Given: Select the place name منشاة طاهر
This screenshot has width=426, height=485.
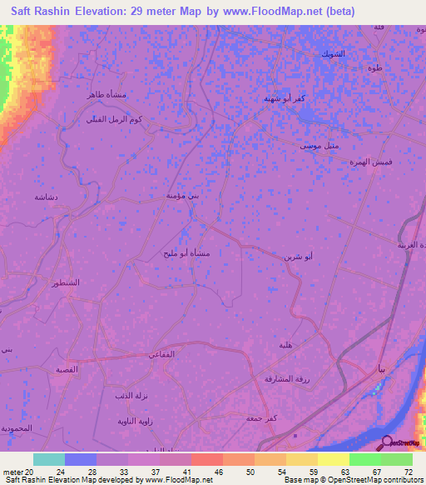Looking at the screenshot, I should coord(106,95).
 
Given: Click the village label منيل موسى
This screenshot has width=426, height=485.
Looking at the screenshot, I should coord(319,145).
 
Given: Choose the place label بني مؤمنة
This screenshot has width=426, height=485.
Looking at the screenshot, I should coord(183,195).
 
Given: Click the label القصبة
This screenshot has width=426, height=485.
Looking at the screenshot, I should coord(67,369).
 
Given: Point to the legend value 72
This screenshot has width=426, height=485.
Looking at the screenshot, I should coord(408,472).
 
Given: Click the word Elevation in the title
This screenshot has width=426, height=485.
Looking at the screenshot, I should coord(102,12).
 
